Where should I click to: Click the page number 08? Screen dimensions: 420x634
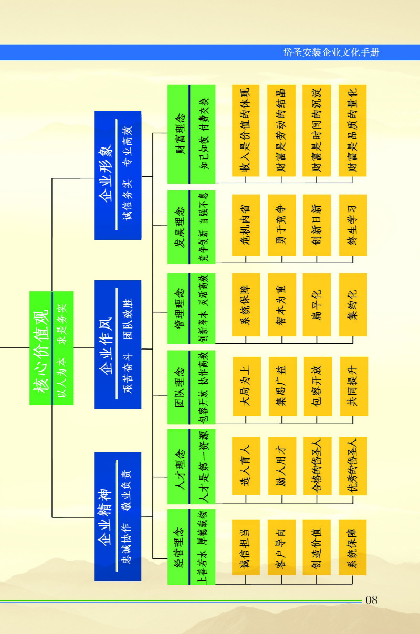coord(371,600)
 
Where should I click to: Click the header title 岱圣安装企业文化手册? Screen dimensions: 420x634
coord(331,52)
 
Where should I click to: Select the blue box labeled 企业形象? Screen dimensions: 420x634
coord(118,175)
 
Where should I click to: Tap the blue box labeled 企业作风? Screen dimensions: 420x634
coord(118,344)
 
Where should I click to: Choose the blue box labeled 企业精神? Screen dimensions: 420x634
coord(118,516)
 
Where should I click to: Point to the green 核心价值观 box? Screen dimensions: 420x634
coord(51,348)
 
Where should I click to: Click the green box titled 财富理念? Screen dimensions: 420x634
coord(192,134)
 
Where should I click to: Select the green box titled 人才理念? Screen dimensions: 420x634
coord(192,467)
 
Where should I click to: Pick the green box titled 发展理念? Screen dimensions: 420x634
coord(192,227)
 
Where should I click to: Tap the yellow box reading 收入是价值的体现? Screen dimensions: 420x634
coord(246,131)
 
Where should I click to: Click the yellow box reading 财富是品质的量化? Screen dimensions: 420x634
coord(353,131)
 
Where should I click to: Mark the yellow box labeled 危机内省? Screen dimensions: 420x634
coord(246,225)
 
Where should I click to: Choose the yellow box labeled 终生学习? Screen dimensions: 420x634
coord(353,225)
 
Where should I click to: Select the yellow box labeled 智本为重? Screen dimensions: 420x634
coord(282,305)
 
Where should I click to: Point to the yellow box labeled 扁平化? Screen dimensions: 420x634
coord(317,305)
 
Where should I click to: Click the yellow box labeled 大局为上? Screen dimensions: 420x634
coord(247,386)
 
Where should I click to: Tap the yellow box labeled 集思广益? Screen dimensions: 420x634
coord(282,386)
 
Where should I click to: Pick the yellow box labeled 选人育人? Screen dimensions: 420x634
coord(246,466)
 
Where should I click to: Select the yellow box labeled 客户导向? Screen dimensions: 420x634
coord(281,547)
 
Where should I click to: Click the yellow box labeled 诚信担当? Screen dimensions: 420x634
coord(246,547)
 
